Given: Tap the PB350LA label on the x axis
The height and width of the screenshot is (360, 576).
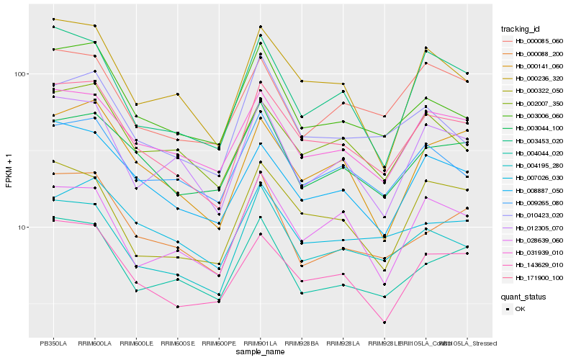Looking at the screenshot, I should [53, 343].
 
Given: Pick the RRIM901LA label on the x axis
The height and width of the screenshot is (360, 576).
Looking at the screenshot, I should [260, 343].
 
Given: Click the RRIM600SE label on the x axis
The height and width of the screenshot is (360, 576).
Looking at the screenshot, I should [177, 343].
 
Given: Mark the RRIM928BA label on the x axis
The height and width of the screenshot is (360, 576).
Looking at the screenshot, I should [302, 343].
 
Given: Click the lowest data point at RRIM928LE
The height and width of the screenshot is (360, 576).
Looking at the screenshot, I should [384, 323].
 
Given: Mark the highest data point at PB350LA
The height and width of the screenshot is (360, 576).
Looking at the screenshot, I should [53, 19].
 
